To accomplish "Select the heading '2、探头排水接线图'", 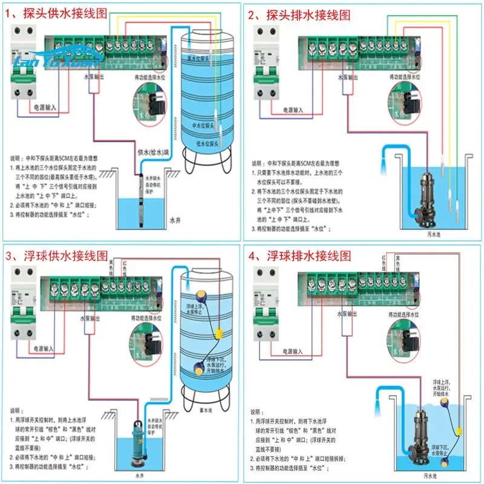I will coord(299,15).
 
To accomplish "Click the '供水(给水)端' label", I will coord(153,151).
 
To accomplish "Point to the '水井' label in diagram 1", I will coord(174,221).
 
